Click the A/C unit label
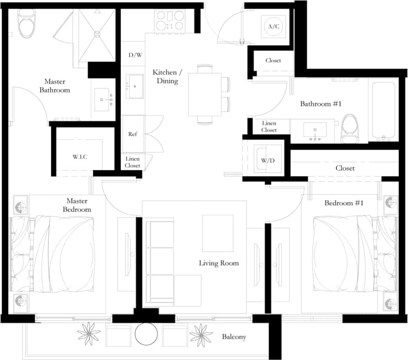[x=274, y=26]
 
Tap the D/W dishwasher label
[x=135, y=55]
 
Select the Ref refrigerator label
[x=133, y=134]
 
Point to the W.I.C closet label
[x=79, y=157]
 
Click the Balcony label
[x=234, y=337]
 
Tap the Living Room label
[x=219, y=263]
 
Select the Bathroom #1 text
[x=321, y=104]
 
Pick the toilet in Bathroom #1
[x=350, y=128]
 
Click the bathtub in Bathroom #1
[x=384, y=111]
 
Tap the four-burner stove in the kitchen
[x=170, y=20]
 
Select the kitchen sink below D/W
[x=135, y=86]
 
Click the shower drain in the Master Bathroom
[x=97, y=34]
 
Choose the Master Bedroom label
[x=77, y=205]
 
